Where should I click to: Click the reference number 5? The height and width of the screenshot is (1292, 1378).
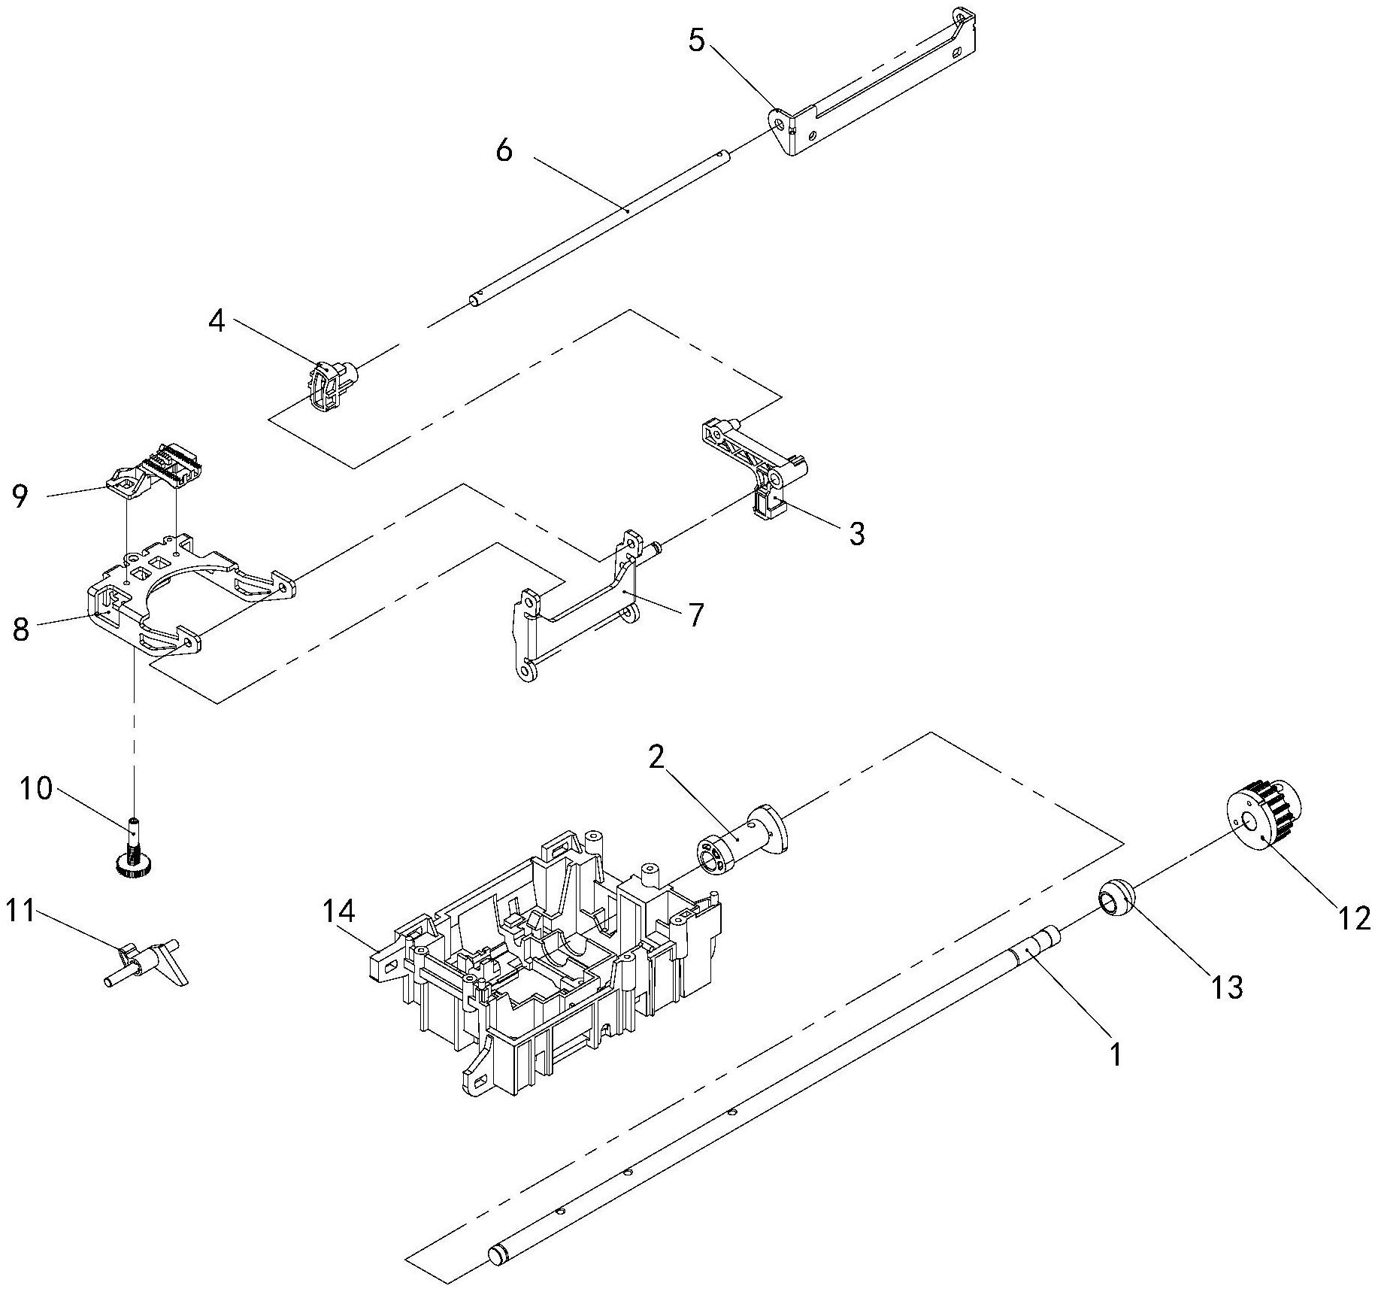(697, 41)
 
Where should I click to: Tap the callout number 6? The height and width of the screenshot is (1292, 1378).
(504, 151)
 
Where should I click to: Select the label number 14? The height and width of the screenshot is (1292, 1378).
(339, 911)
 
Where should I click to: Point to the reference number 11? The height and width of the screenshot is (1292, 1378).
(20, 911)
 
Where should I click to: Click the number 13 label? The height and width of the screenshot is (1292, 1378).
(1226, 987)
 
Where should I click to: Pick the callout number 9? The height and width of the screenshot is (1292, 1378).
(20, 496)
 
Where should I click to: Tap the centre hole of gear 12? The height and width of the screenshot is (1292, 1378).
(1249, 820)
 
